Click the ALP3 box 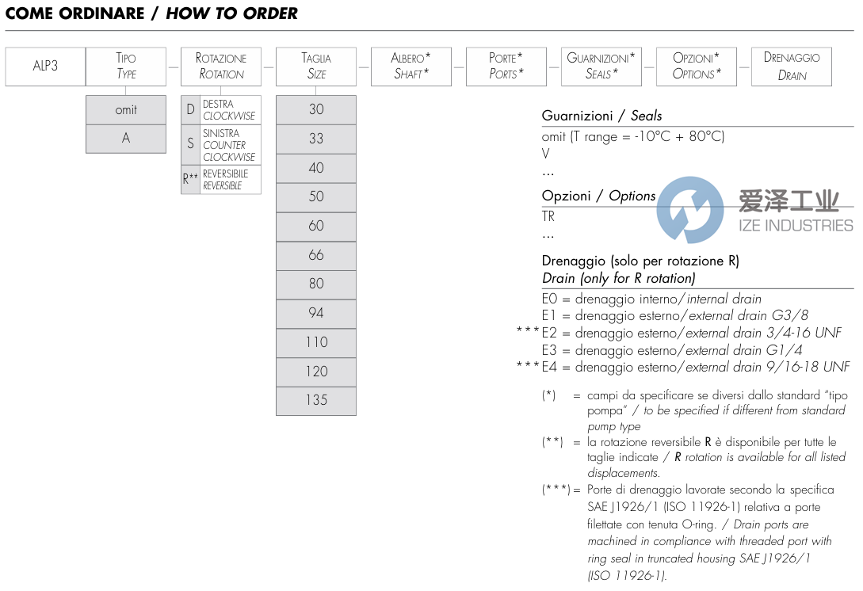pyautogui.click(x=45, y=67)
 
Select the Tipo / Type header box pyautogui.click(x=126, y=67)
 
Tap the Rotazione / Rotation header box pyautogui.click(x=221, y=67)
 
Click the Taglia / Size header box pyautogui.click(x=316, y=67)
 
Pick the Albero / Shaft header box pyautogui.click(x=411, y=67)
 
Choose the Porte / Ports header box pyautogui.click(x=506, y=67)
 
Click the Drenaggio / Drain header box pyautogui.click(x=791, y=67)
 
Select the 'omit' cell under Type pyautogui.click(x=126, y=110)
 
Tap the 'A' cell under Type pyautogui.click(x=126, y=139)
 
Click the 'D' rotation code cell pyautogui.click(x=190, y=109)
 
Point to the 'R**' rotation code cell pyautogui.click(x=190, y=179)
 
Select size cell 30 pyautogui.click(x=316, y=110)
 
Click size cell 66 pyautogui.click(x=316, y=255)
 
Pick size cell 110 pyautogui.click(x=316, y=342)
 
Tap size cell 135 pyautogui.click(x=316, y=400)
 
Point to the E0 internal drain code pyautogui.click(x=551, y=299)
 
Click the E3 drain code pyautogui.click(x=551, y=350)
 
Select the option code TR pyautogui.click(x=548, y=216)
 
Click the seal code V pyautogui.click(x=546, y=154)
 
